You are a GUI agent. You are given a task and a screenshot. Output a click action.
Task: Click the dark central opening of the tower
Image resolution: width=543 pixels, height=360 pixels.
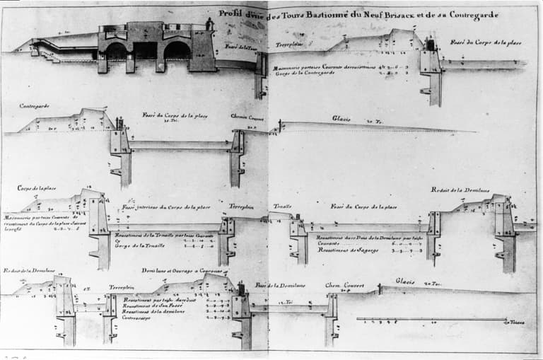pyautogui.click(x=146, y=50)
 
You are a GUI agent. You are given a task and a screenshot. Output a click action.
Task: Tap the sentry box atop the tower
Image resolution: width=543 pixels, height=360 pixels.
pyautogui.click(x=209, y=24)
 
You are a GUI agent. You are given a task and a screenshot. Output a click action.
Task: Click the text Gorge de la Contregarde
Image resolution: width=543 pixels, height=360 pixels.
pyautogui.click(x=298, y=74)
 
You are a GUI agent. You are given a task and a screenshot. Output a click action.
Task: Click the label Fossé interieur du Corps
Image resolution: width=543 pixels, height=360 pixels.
pyautogui.click(x=166, y=207)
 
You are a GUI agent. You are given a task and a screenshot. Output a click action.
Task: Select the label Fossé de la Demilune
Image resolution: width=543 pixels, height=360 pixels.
pyautogui.click(x=280, y=285)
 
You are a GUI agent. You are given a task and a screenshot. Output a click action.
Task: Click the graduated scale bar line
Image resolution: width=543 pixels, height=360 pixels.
pyautogui.click(x=431, y=319)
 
